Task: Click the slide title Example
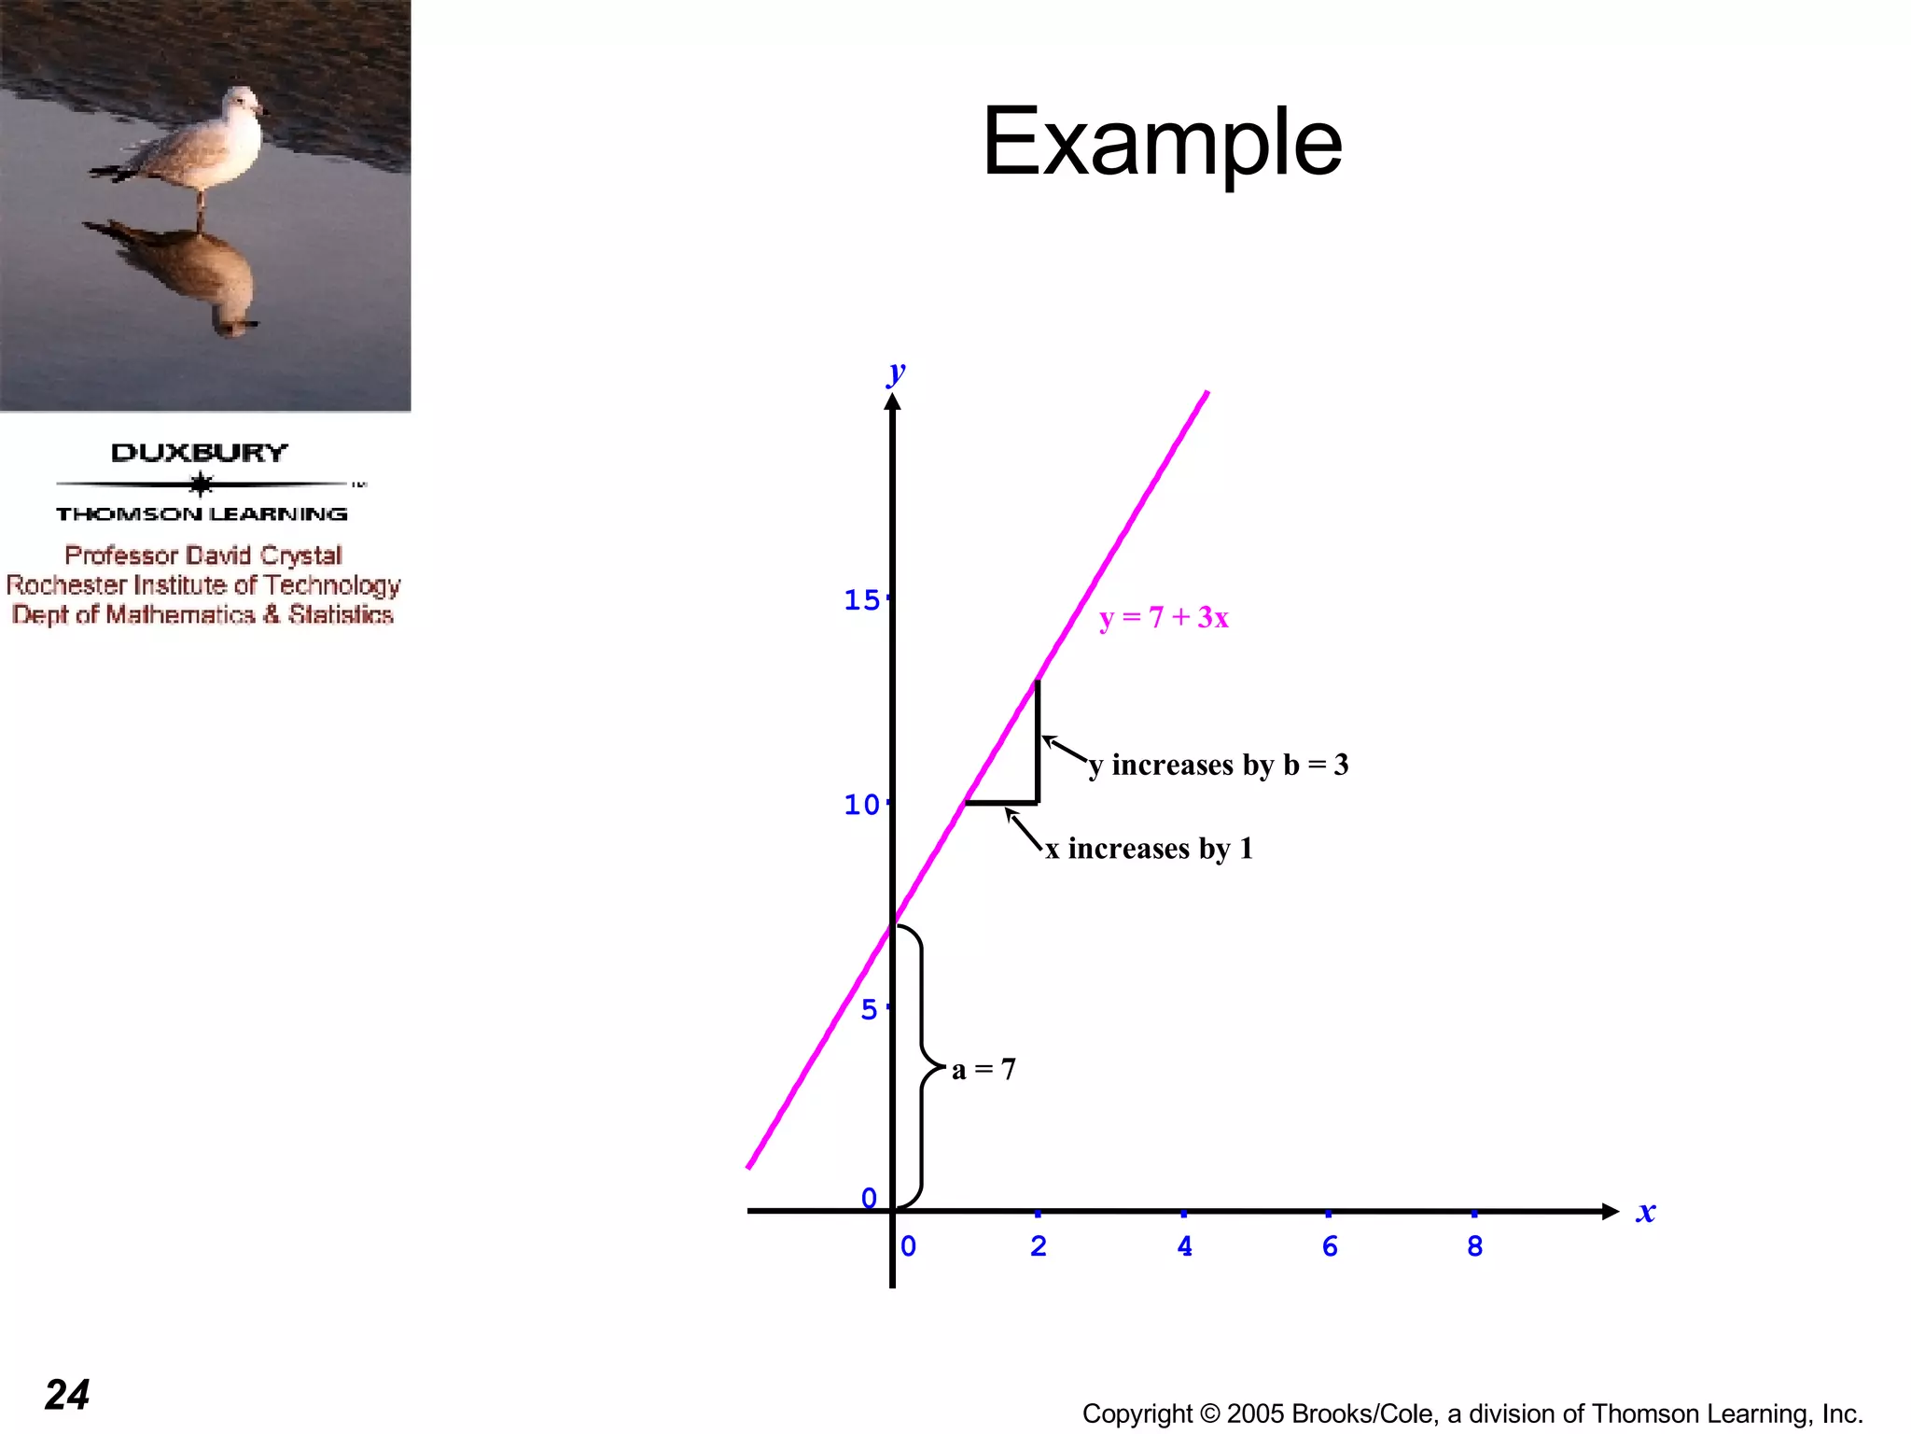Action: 1162,142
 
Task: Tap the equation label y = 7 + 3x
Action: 1164,617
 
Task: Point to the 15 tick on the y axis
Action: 861,600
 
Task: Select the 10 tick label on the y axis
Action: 861,805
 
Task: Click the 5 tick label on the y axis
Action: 869,1009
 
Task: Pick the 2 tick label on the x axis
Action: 1039,1246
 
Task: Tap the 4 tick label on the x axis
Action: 1184,1246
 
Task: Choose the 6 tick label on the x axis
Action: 1330,1246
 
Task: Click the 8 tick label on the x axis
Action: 1474,1246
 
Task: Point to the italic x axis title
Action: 1646,1212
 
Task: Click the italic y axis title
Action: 897,373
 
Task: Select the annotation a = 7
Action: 983,1069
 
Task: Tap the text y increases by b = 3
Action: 1219,765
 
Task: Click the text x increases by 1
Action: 1149,849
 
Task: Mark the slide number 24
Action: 67,1395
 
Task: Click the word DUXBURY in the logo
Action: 200,453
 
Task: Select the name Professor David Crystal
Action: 203,555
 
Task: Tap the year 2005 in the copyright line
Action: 1256,1413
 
